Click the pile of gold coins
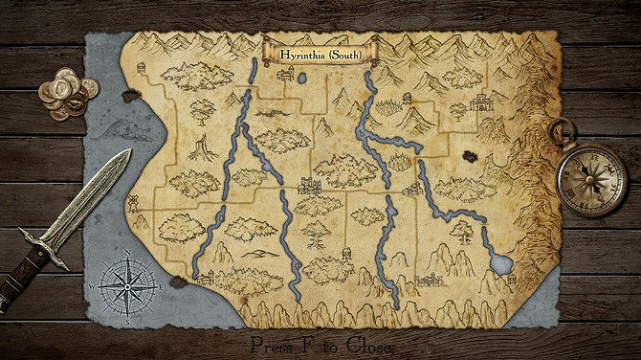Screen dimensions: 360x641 click(x=68, y=98)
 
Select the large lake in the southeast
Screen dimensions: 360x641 click(x=500, y=261)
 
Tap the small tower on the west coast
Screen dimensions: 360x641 click(x=134, y=202)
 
